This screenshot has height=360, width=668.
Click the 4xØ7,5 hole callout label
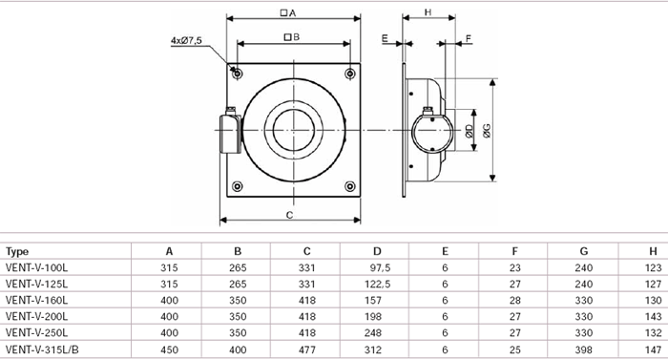[186, 40]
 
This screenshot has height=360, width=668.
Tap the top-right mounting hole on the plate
[350, 74]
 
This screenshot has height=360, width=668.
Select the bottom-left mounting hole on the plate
[238, 186]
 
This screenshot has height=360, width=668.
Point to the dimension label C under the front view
[290, 215]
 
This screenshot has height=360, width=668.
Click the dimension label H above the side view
[428, 12]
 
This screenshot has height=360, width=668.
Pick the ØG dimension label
[487, 131]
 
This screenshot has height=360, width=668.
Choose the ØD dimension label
[470, 131]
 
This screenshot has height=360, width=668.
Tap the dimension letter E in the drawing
[386, 39]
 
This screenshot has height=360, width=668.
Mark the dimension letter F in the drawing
[469, 39]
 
